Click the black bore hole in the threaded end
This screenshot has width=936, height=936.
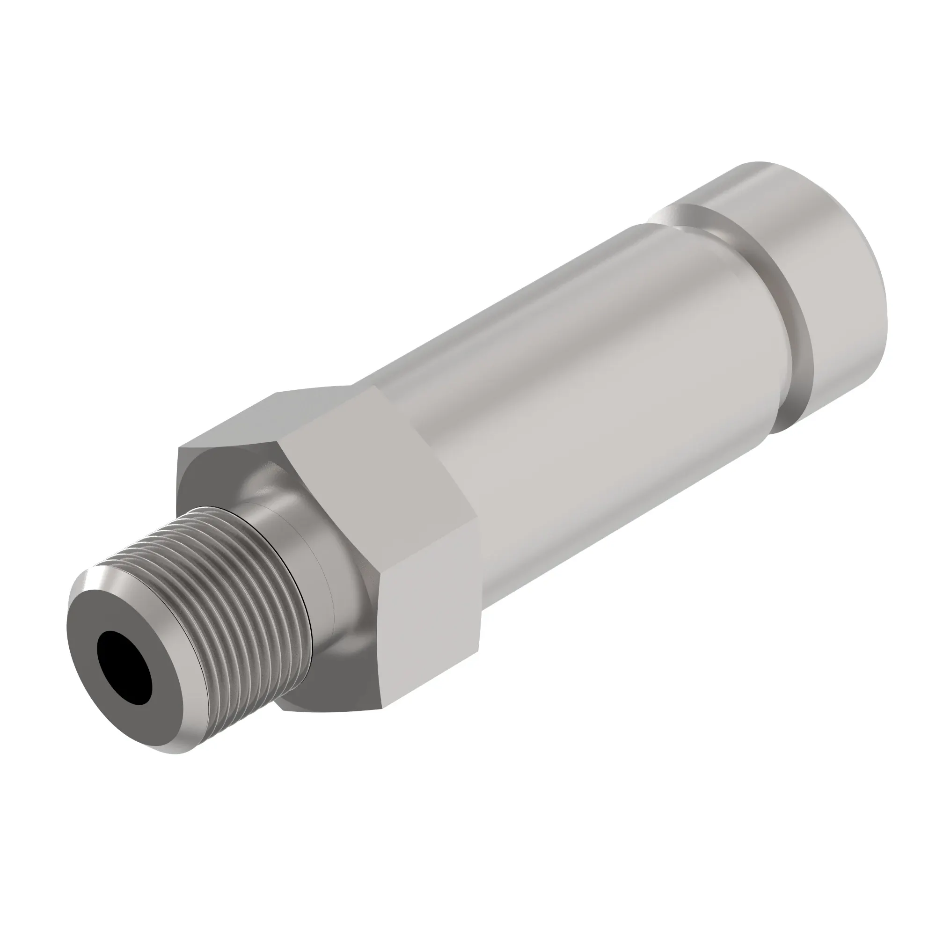[124, 663]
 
